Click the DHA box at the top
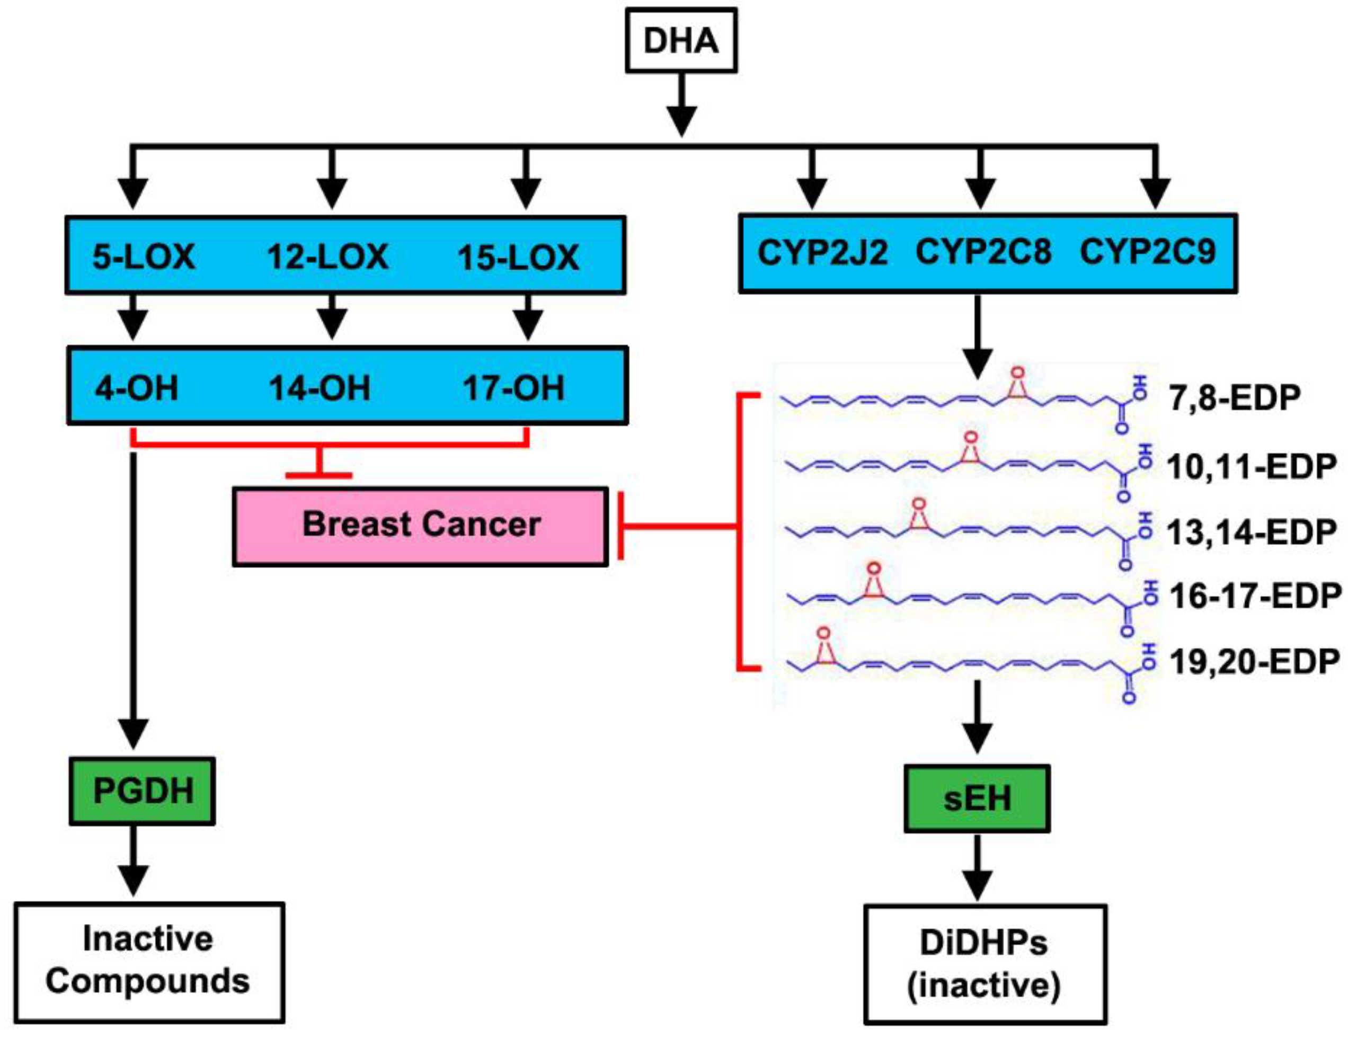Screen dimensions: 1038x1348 pos(681,41)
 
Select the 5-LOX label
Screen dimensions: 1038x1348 pos(144,257)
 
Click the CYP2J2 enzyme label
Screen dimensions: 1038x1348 pos(822,252)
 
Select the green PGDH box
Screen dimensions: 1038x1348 pos(143,791)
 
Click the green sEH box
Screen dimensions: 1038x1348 pos(977,799)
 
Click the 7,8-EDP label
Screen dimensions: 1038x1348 pos(1235,398)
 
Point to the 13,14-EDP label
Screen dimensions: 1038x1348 pos(1251,533)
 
